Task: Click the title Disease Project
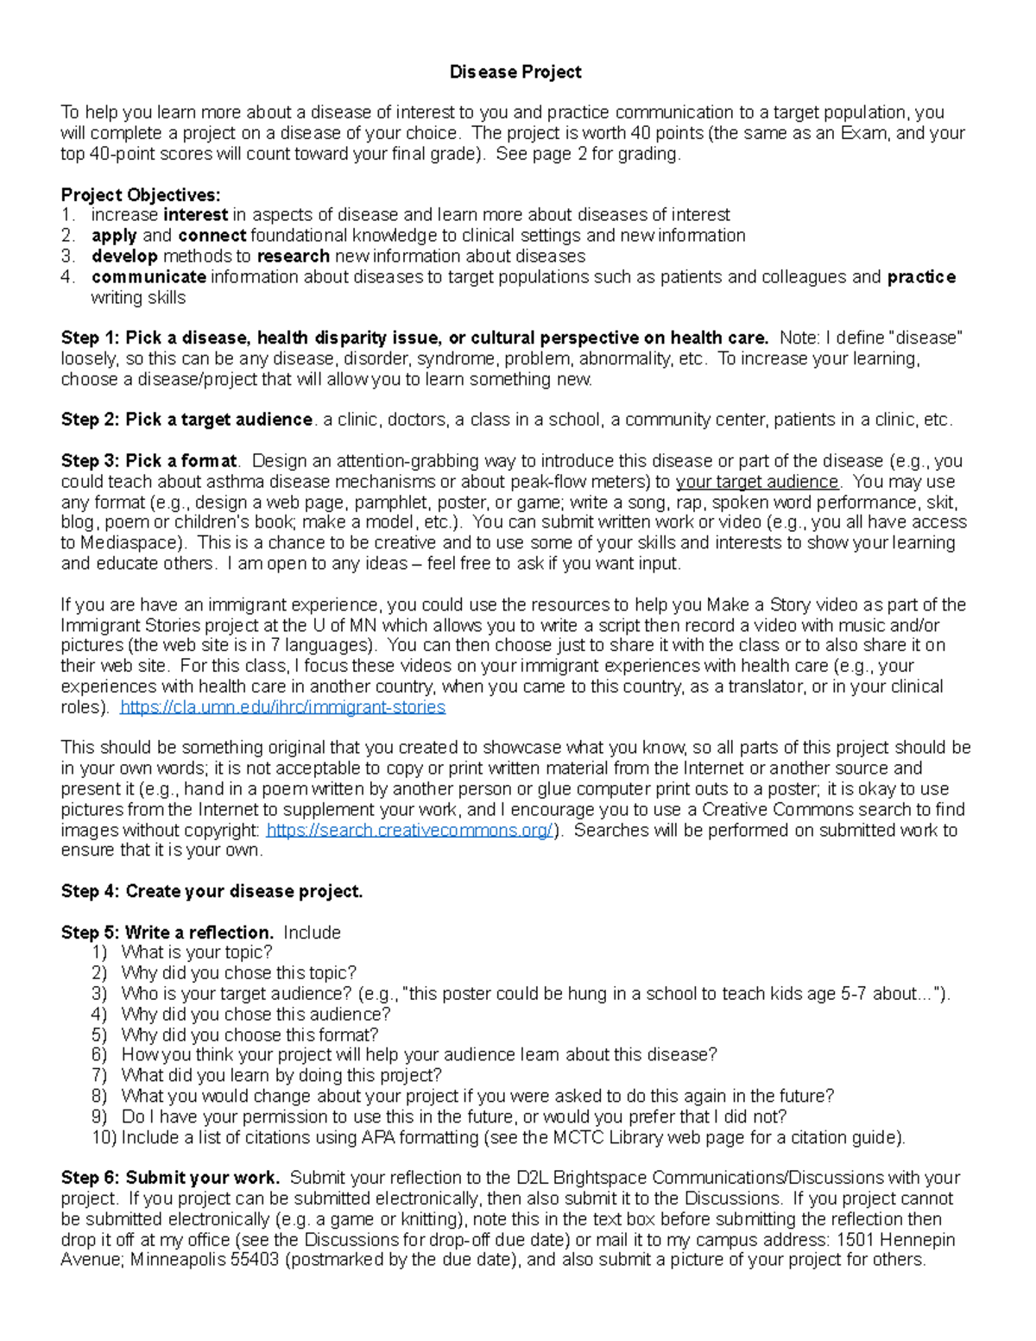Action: click(x=515, y=73)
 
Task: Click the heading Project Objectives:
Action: click(x=141, y=195)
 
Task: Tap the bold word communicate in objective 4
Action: click(x=148, y=277)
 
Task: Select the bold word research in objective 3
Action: click(x=294, y=256)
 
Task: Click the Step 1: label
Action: click(x=91, y=338)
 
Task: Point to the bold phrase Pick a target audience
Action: click(x=218, y=421)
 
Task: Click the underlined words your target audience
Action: click(x=757, y=482)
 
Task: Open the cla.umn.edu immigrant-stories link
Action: click(x=282, y=708)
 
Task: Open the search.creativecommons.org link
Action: click(x=409, y=831)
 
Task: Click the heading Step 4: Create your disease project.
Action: click(x=212, y=892)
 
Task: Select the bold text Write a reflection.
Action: click(x=199, y=933)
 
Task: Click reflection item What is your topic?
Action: click(x=197, y=953)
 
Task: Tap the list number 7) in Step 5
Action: click(x=99, y=1076)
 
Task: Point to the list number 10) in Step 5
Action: click(x=104, y=1138)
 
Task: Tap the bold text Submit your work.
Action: click(x=203, y=1179)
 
